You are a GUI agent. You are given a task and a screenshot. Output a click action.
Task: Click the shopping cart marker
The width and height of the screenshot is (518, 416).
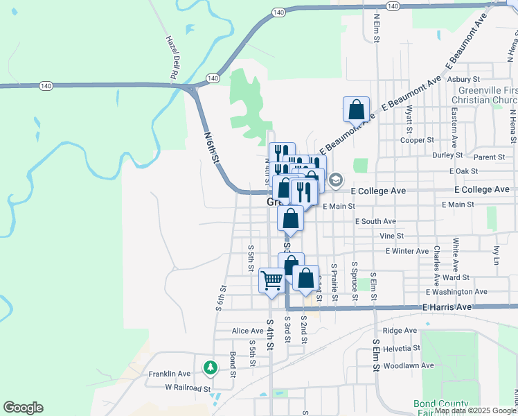(x=272, y=280)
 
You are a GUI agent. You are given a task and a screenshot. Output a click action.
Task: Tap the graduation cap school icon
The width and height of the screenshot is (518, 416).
(x=335, y=180)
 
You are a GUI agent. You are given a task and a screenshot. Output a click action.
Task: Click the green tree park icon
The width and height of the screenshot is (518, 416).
(x=208, y=367)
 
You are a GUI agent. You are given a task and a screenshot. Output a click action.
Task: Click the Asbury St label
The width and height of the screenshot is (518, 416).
(x=464, y=80)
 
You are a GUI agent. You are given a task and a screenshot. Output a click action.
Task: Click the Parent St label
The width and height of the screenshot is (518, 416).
(x=490, y=157)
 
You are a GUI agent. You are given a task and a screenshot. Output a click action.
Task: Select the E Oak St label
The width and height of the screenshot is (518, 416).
(x=464, y=171)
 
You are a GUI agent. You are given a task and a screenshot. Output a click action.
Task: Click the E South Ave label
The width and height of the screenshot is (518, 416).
(x=375, y=221)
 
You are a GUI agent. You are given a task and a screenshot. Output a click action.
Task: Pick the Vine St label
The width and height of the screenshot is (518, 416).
(x=391, y=236)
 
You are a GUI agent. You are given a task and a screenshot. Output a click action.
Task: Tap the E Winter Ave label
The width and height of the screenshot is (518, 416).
(x=407, y=250)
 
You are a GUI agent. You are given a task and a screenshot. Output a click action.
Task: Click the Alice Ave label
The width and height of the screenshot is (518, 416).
(x=248, y=331)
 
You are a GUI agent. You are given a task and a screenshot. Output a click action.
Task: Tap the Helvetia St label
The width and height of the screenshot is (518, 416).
(x=402, y=348)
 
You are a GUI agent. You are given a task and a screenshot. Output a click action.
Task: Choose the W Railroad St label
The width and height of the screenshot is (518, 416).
(x=187, y=389)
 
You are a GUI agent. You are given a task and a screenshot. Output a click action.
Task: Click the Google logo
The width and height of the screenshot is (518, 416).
(x=23, y=408)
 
